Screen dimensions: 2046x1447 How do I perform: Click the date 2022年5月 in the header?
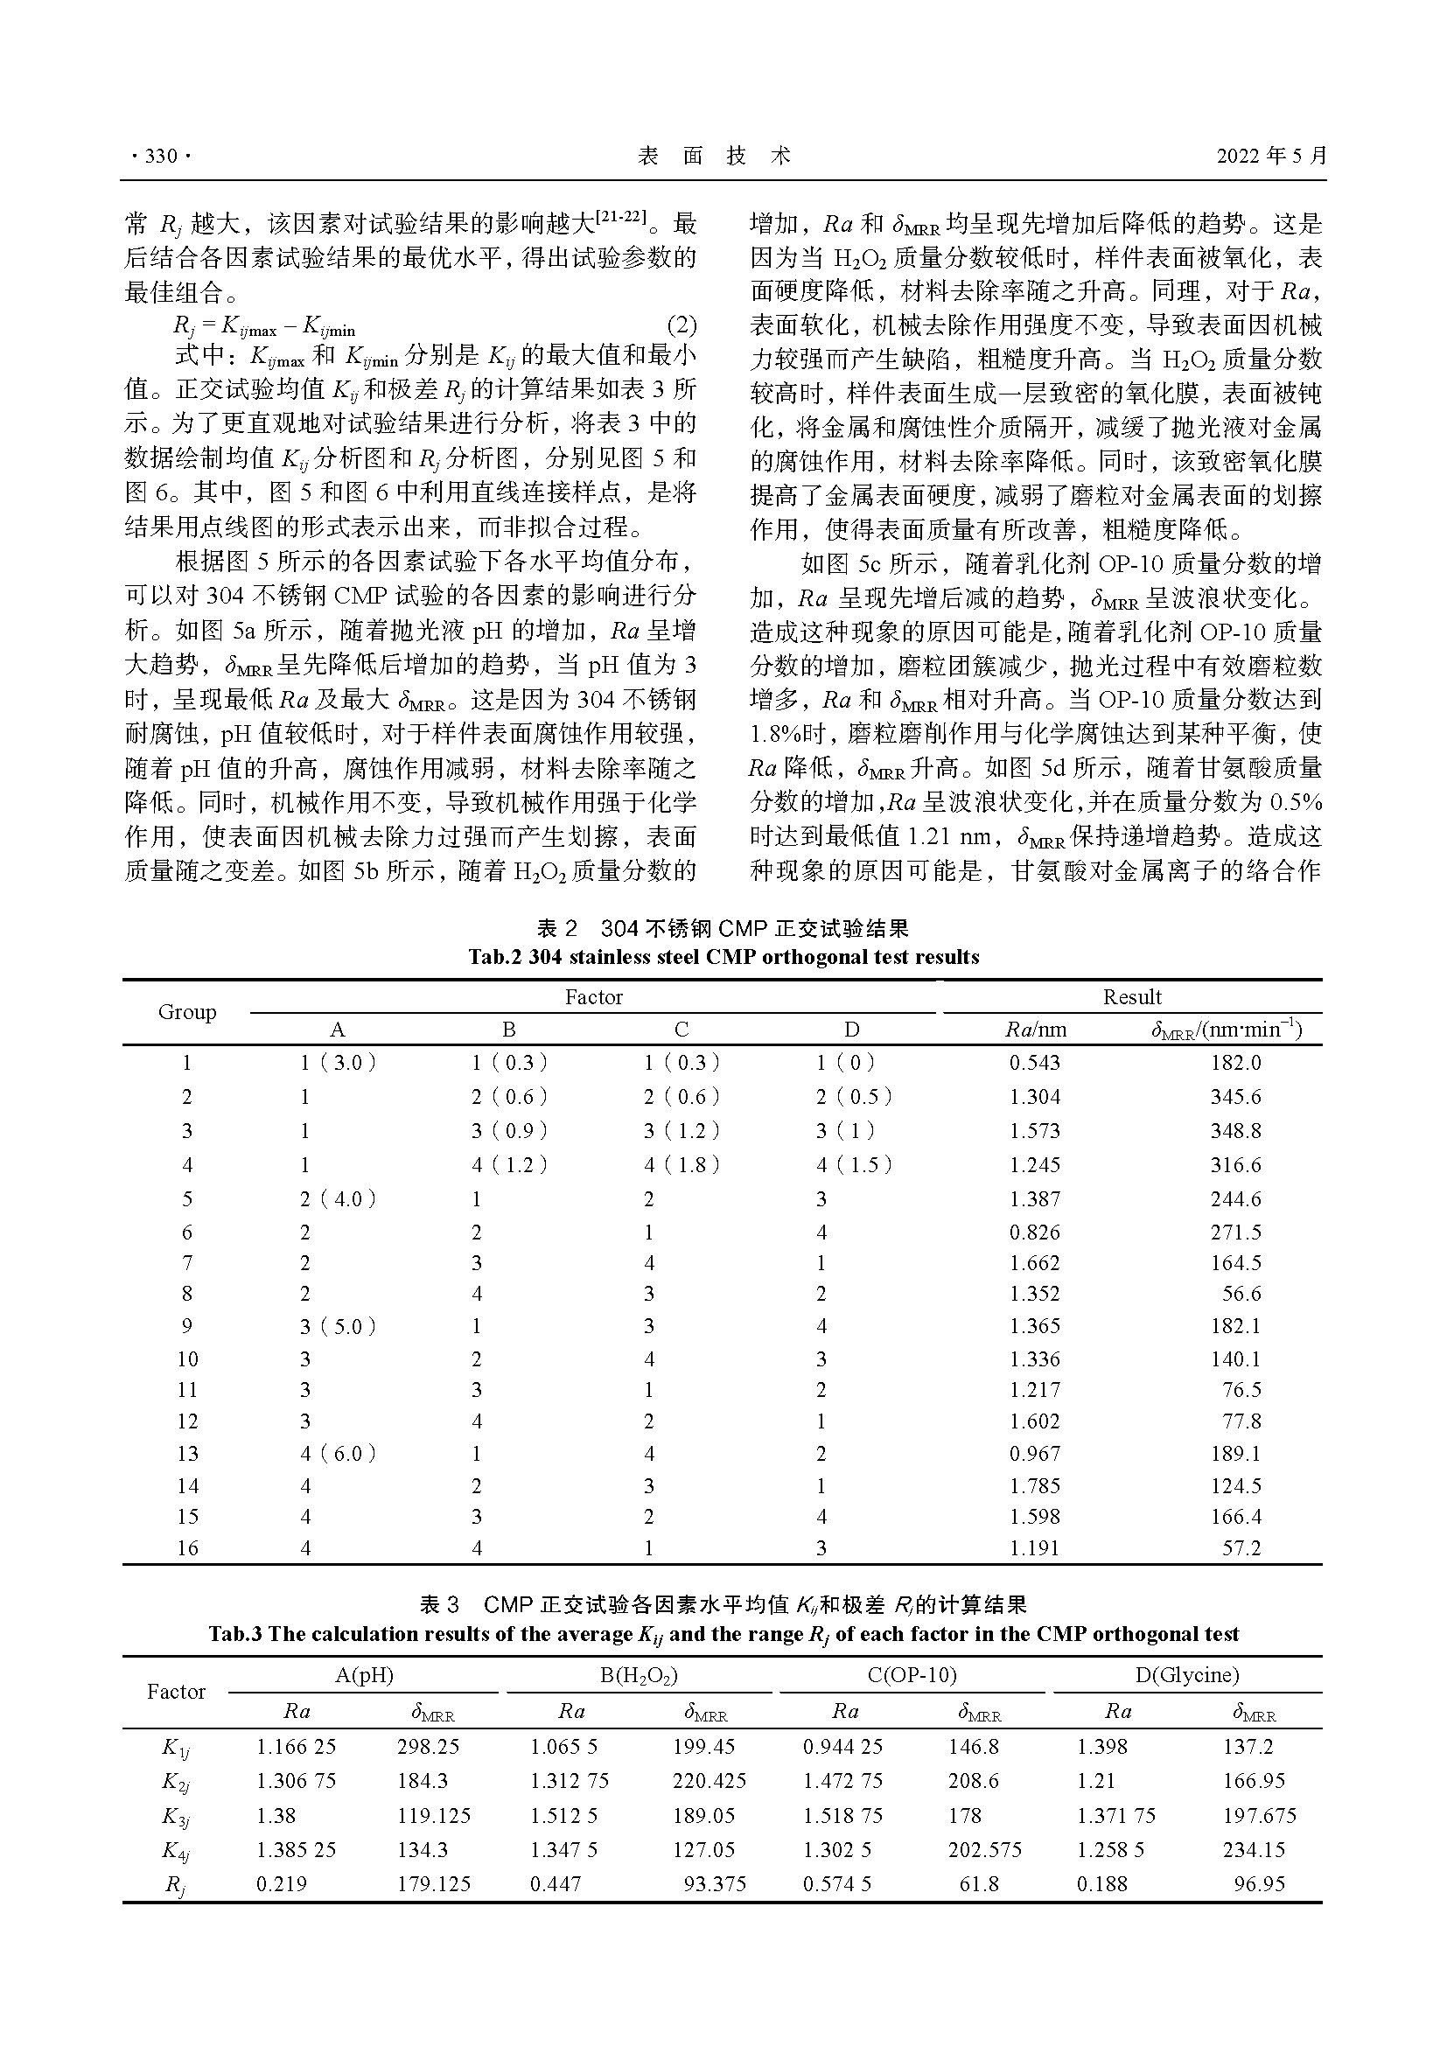click(x=1271, y=156)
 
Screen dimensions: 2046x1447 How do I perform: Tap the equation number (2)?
click(x=682, y=326)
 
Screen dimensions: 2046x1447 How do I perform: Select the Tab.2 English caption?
click(x=723, y=957)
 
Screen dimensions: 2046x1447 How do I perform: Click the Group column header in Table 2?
click(x=187, y=1012)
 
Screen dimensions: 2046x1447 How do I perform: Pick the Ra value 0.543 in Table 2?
click(x=1034, y=1063)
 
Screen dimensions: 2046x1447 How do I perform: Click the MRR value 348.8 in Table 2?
click(x=1235, y=1131)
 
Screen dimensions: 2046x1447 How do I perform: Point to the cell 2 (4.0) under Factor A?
click(x=338, y=1199)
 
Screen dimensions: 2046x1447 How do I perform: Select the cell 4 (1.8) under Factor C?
click(x=682, y=1164)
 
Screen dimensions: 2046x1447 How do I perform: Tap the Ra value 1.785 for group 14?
click(x=1034, y=1485)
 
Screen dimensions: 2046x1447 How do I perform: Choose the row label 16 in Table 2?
click(x=187, y=1548)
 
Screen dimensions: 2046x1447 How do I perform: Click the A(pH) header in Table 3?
click(x=364, y=1675)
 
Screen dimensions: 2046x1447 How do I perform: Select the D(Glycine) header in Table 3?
click(x=1187, y=1675)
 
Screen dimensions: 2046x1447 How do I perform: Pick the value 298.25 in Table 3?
click(x=428, y=1747)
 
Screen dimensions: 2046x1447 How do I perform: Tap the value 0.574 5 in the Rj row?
click(x=836, y=1884)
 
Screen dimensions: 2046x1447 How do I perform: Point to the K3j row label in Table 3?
click(x=176, y=1817)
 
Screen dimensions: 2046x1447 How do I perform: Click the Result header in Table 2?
click(x=1131, y=997)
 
